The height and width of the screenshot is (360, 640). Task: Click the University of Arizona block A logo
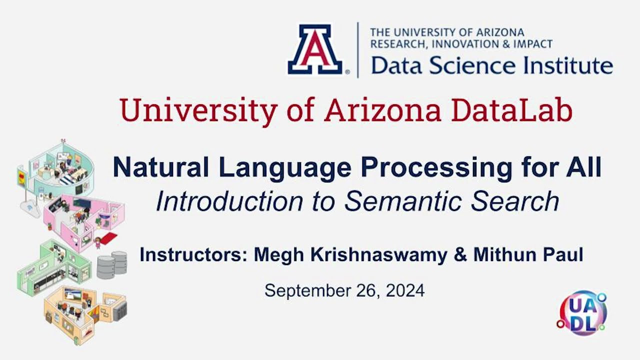click(314, 49)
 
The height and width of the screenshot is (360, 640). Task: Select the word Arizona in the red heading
click(382, 111)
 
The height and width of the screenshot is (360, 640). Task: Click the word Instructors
click(192, 255)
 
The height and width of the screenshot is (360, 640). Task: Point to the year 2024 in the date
click(405, 290)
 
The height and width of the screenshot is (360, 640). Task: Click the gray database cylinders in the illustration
click(112, 264)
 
